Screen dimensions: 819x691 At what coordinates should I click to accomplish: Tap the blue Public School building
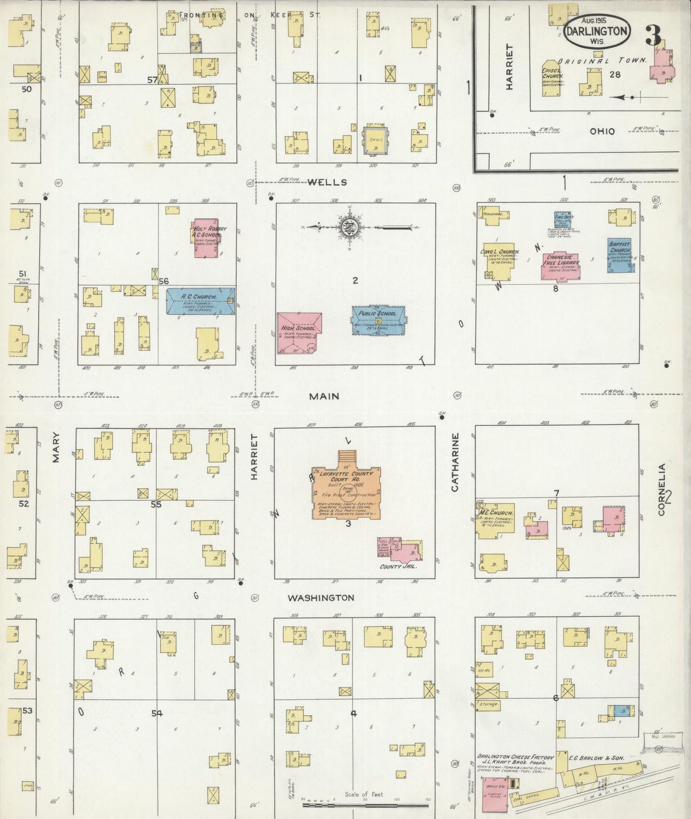(378, 320)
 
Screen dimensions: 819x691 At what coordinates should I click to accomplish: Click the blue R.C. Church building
(200, 301)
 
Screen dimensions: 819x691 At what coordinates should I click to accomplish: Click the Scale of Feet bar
(365, 806)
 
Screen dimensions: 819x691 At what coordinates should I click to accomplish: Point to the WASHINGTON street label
(321, 598)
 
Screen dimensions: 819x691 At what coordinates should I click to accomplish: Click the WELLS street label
(327, 182)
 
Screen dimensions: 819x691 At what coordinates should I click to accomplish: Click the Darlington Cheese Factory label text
(515, 757)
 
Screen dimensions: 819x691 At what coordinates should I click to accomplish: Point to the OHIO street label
(602, 131)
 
